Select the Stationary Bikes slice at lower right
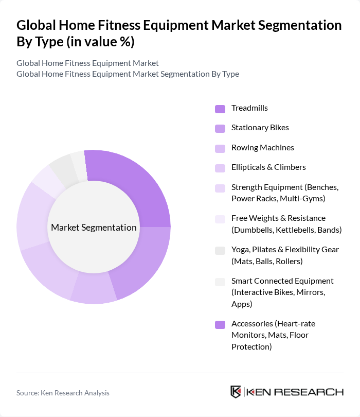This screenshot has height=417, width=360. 141,263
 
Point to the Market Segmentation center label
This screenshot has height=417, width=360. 94,228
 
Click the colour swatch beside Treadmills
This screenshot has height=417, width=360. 220,109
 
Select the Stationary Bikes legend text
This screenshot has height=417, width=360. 260,128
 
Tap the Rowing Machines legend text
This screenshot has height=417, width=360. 262,148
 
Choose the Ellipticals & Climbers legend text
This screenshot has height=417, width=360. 268,167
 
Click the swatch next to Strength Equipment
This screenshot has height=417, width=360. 220,188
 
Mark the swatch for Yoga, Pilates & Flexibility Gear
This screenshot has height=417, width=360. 220,251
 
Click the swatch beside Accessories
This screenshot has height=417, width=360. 220,325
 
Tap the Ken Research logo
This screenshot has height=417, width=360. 287,392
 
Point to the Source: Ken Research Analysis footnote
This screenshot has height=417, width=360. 63,393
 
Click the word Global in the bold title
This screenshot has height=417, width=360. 38,26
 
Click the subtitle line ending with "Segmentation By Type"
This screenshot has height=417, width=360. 128,74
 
